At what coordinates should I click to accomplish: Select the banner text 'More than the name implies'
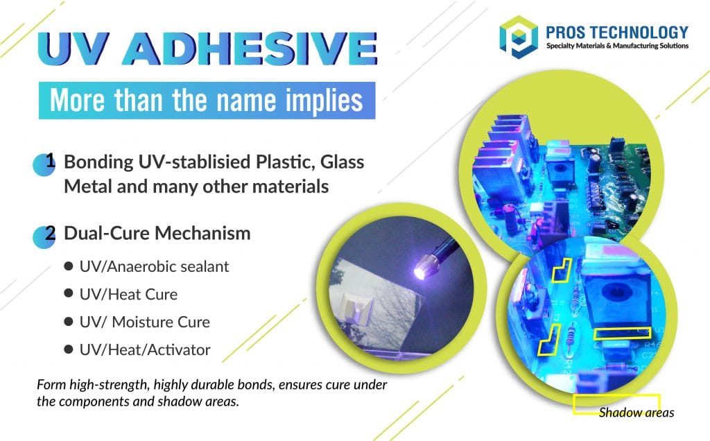coord(207,101)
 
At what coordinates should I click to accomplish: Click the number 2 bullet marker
coord(48,234)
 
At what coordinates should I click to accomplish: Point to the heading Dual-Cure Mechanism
coord(157,234)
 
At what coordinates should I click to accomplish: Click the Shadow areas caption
coord(636,413)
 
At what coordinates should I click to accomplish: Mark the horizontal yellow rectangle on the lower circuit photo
coord(622,334)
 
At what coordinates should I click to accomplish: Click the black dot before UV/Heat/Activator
coord(68,350)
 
